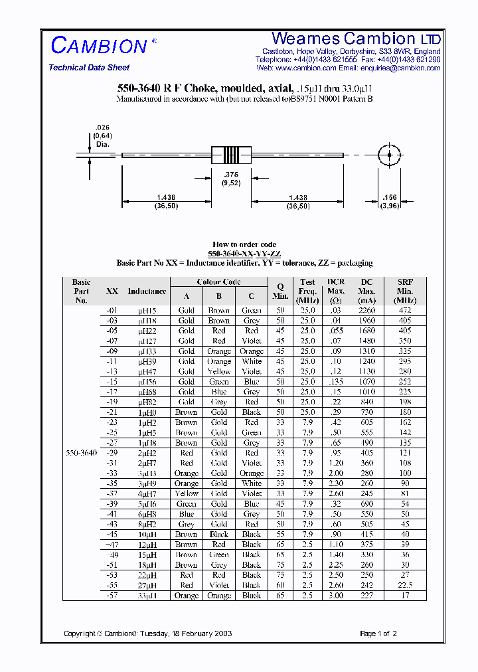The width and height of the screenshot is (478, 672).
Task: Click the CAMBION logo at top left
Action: [99, 46]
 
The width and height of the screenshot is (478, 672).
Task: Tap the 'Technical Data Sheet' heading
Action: [89, 68]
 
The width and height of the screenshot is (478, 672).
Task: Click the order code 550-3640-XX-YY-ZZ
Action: [244, 254]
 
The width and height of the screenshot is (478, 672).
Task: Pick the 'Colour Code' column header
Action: [218, 282]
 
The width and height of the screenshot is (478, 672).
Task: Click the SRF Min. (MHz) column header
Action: [405, 291]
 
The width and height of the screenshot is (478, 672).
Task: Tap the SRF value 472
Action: [405, 311]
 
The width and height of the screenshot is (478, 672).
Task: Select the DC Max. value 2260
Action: [366, 311]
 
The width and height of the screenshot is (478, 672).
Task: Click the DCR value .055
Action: [336, 331]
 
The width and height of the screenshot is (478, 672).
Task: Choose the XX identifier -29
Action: [113, 453]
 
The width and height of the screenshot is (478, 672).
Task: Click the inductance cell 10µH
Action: [147, 535]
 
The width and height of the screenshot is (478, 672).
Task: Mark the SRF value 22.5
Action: [405, 585]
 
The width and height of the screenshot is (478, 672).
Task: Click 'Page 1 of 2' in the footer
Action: [378, 633]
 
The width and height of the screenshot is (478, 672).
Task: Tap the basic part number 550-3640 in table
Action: [82, 453]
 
